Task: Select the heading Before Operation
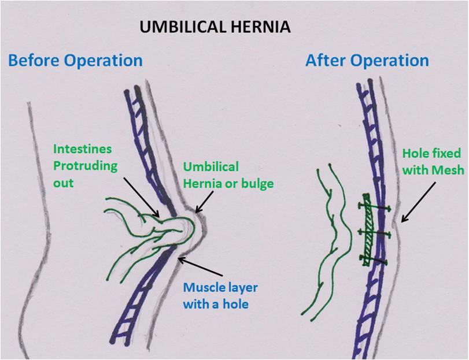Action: pos(75,60)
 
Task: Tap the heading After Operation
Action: pos(367,60)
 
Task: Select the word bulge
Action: pos(241,183)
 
